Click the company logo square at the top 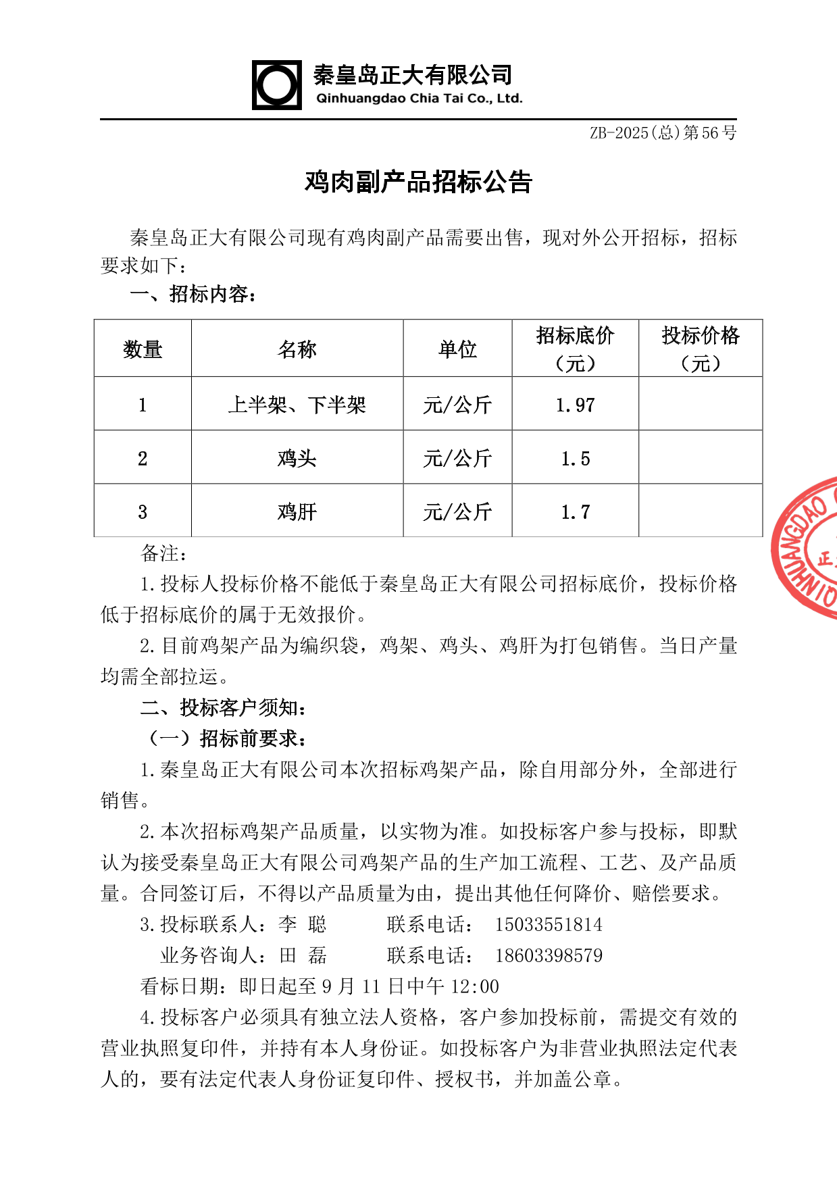point(277,85)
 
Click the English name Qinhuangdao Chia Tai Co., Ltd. point(419,99)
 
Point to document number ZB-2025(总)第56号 point(663,132)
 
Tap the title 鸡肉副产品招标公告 point(418,182)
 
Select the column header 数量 point(143,349)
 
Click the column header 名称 point(297,349)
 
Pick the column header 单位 point(457,349)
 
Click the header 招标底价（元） point(575,349)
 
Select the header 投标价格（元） point(701,349)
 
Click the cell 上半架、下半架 point(297,405)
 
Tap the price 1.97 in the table point(575,405)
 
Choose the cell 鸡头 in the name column point(297,458)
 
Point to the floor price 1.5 point(575,459)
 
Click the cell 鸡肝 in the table point(297,511)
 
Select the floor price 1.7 point(575,512)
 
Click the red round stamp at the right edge point(808,547)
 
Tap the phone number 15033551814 point(549,924)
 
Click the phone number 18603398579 point(549,955)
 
